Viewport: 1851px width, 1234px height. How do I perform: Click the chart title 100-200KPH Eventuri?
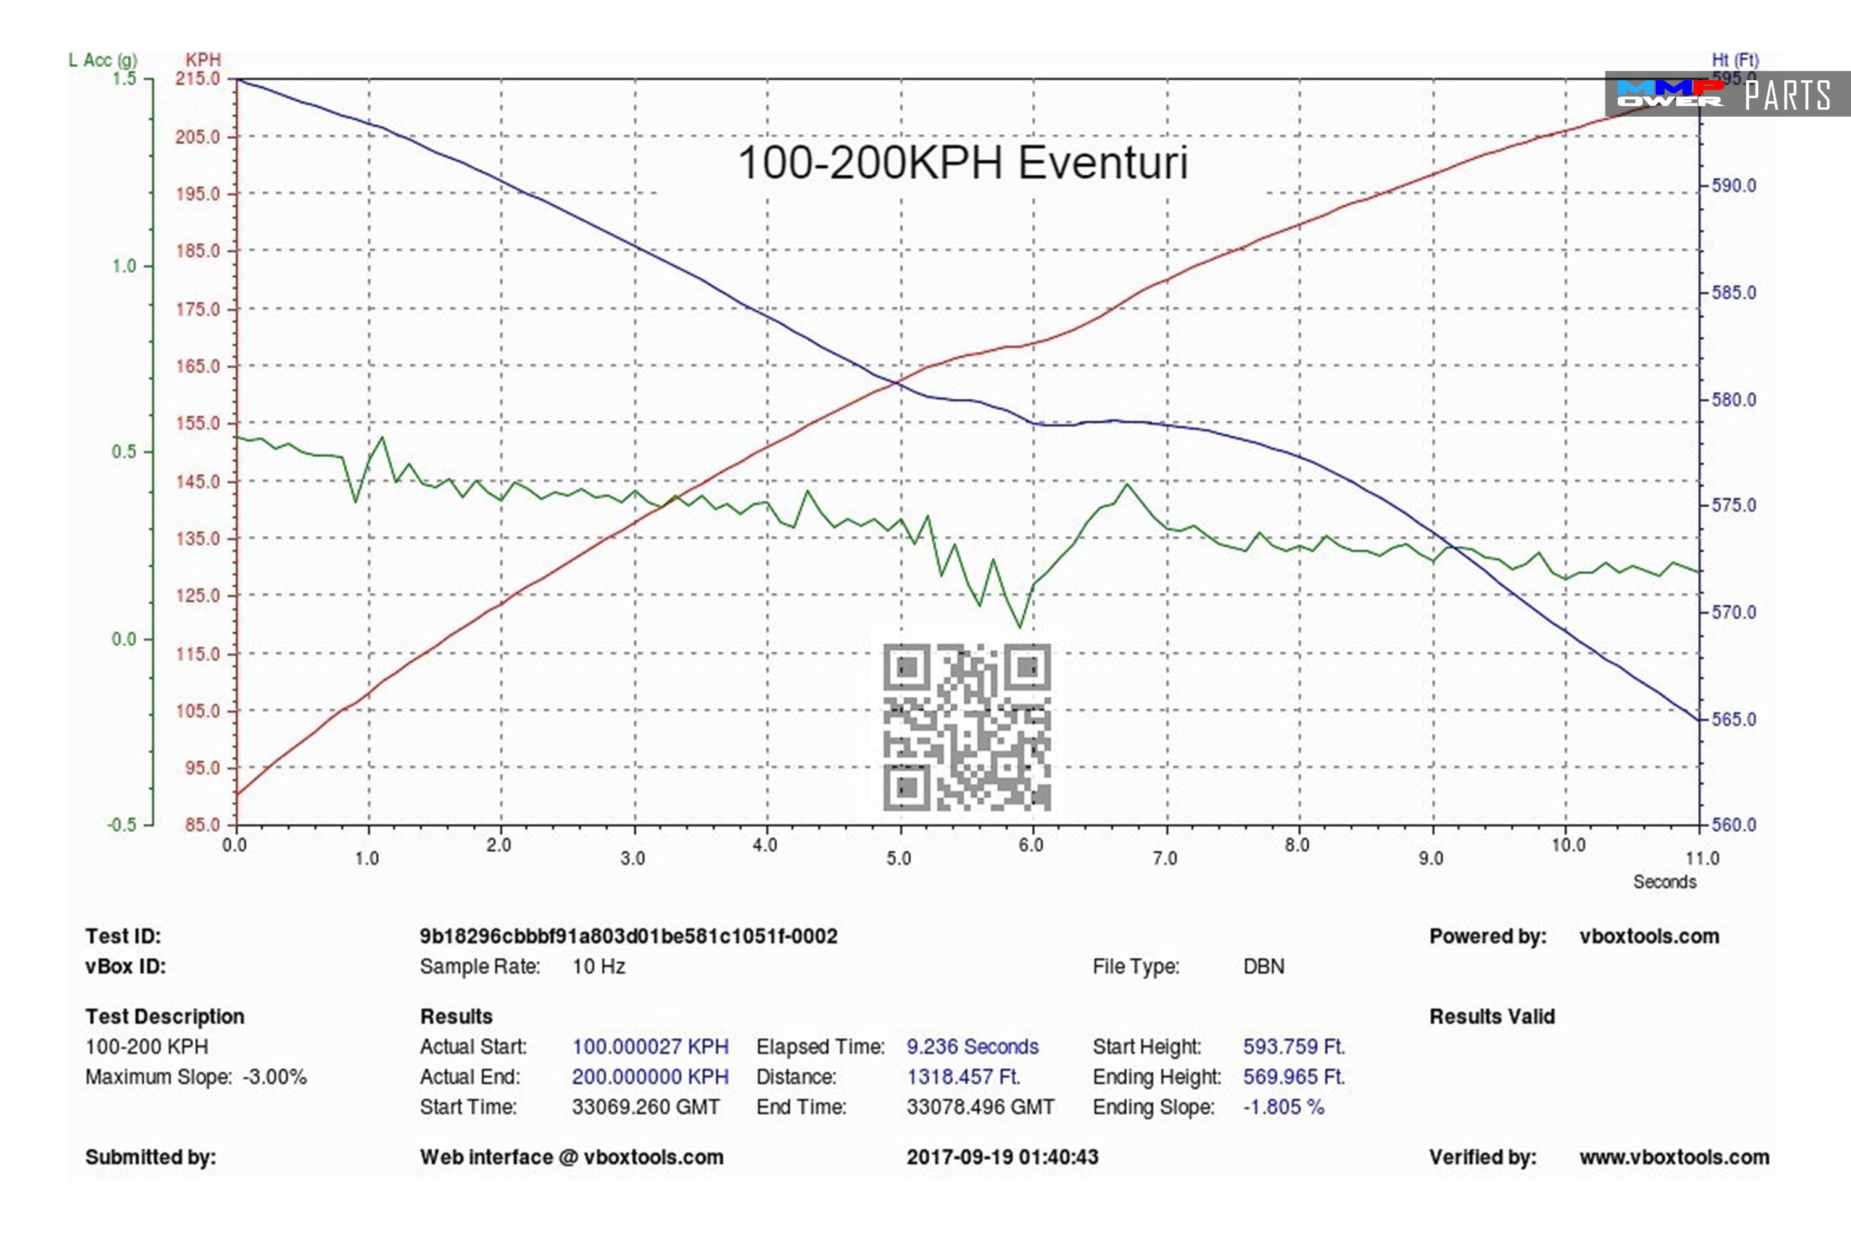coord(962,163)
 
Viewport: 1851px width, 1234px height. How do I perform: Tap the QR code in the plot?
coord(966,727)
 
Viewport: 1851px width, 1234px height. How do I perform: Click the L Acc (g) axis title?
coord(102,60)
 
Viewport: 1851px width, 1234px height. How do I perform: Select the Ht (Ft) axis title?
coord(1734,60)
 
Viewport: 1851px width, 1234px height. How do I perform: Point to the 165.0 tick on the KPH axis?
coord(197,366)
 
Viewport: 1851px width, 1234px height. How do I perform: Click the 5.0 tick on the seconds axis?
coord(899,858)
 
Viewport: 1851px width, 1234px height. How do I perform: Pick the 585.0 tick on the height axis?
coord(1734,292)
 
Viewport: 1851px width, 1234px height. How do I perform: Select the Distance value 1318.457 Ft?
coord(963,1077)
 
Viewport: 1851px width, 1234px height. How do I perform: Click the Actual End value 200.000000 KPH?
coord(650,1077)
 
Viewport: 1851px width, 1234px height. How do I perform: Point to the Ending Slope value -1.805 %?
coord(1283,1108)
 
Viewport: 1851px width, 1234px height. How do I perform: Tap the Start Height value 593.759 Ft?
coord(1294,1046)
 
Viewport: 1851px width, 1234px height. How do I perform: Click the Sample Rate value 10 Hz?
coord(598,966)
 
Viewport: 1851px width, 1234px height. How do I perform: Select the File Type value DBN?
coord(1263,966)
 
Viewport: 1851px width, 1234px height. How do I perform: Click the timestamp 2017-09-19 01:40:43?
coord(1002,1157)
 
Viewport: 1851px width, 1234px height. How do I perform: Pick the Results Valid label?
coord(1491,1017)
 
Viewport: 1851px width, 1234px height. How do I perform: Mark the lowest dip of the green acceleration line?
coord(1021,627)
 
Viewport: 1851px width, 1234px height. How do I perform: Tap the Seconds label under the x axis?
coord(1663,882)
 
